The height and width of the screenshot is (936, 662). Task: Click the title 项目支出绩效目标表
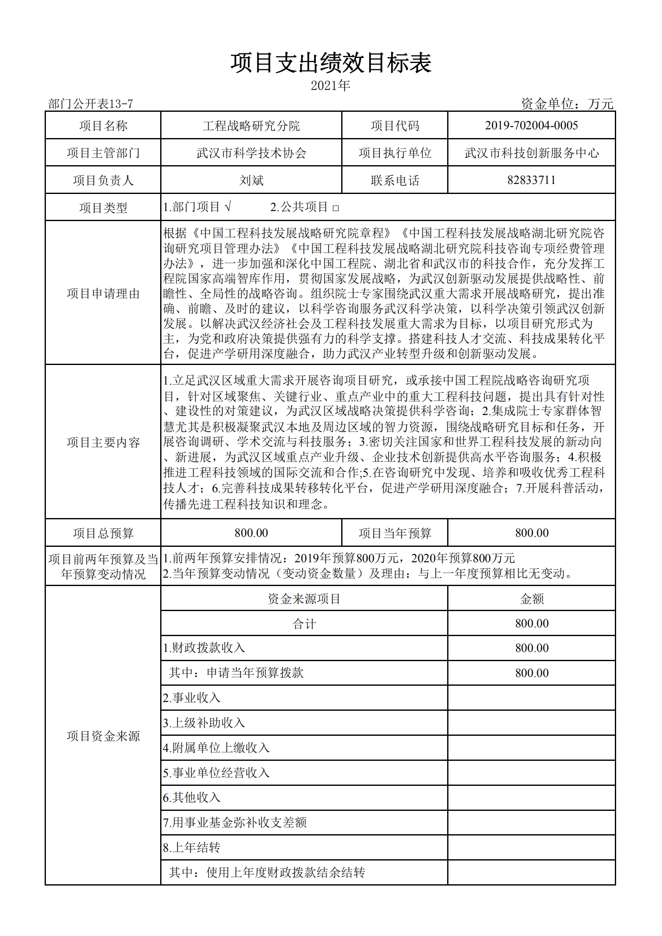(x=331, y=63)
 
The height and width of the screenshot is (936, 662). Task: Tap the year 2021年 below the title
(x=330, y=86)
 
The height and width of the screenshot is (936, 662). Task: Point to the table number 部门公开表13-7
(x=91, y=103)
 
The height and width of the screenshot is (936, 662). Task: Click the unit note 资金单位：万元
(x=567, y=103)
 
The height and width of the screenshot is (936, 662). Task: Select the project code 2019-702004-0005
(x=531, y=126)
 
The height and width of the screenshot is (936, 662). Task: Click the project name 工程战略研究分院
(x=251, y=126)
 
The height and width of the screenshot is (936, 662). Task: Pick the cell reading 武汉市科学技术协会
(x=251, y=153)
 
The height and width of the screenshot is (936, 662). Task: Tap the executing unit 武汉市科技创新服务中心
(x=531, y=153)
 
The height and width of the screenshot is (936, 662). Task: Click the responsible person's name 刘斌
(x=251, y=180)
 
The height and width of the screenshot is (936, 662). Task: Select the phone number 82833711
(x=531, y=180)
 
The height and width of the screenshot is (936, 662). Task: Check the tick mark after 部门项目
(x=227, y=206)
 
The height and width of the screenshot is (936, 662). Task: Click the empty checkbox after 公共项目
(x=336, y=208)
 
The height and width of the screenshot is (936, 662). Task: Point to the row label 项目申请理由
(x=103, y=294)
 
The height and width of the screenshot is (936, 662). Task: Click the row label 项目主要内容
(x=103, y=442)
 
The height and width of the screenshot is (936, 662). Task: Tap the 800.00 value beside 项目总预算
(x=251, y=533)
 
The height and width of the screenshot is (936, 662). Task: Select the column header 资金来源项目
(x=304, y=599)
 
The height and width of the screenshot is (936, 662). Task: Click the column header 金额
(x=532, y=599)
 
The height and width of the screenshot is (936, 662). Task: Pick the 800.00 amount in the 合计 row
(x=532, y=624)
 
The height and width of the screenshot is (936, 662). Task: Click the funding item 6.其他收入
(x=191, y=798)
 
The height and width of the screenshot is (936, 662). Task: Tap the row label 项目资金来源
(x=103, y=736)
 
